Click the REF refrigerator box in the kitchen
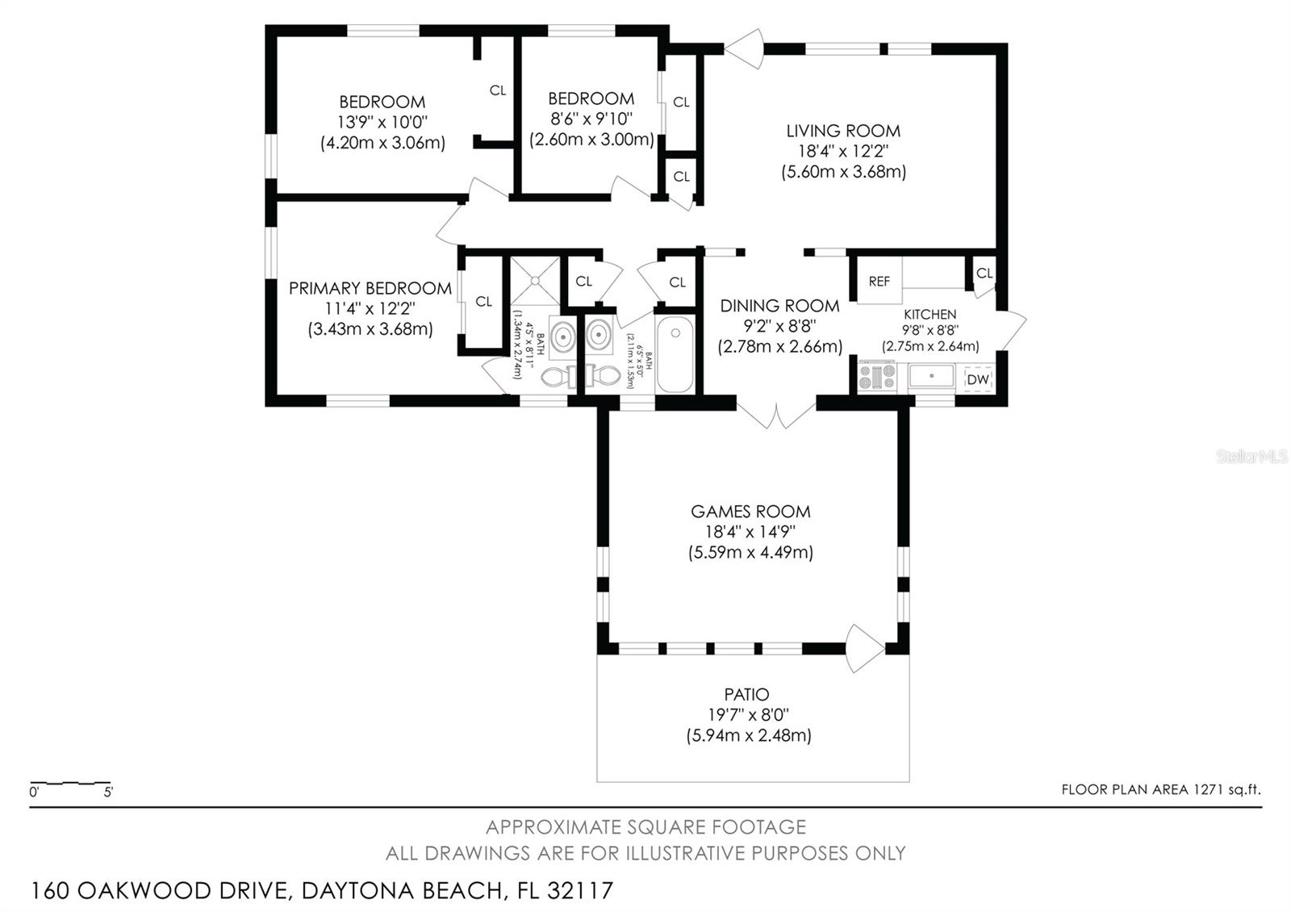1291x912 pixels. (879, 281)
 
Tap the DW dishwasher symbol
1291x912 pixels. (977, 379)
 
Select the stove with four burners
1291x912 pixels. (877, 377)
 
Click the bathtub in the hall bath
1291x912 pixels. (675, 355)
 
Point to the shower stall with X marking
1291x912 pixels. (535, 280)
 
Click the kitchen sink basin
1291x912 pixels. (931, 377)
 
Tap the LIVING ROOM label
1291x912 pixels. (843, 131)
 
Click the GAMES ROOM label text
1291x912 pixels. (750, 511)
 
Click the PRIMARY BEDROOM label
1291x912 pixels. (370, 288)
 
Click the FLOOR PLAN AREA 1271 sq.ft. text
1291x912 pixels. (1160, 789)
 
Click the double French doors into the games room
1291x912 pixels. (776, 413)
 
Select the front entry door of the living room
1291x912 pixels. (746, 48)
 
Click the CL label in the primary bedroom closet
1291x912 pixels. (483, 302)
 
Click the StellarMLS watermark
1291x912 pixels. (1252, 457)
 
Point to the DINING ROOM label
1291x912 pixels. (779, 306)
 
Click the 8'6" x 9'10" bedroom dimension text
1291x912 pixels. (591, 119)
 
